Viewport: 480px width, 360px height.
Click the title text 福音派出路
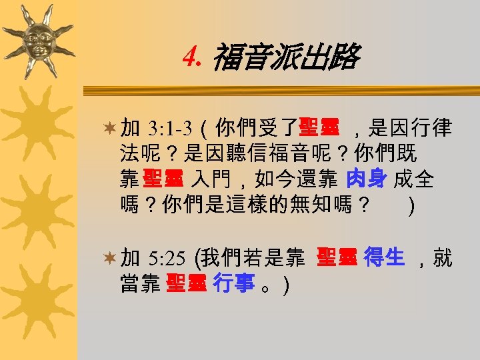click(x=285, y=59)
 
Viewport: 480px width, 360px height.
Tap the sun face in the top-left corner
click(x=38, y=39)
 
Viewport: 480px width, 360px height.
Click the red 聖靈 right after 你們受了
click(x=319, y=127)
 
